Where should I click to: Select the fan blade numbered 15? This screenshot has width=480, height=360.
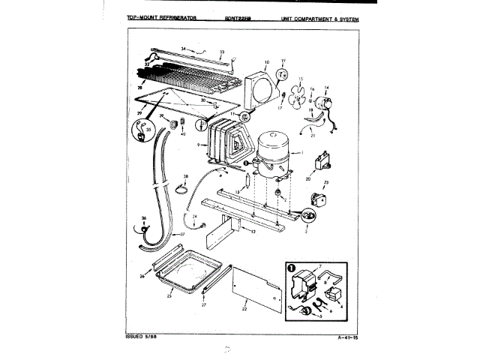click(x=298, y=96)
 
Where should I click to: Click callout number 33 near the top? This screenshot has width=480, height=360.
click(x=222, y=52)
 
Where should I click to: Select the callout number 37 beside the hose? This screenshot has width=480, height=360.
click(x=181, y=233)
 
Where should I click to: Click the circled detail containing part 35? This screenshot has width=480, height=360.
click(x=142, y=132)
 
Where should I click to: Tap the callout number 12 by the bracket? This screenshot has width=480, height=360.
click(x=253, y=232)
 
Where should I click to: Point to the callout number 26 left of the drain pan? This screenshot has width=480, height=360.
click(x=141, y=276)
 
